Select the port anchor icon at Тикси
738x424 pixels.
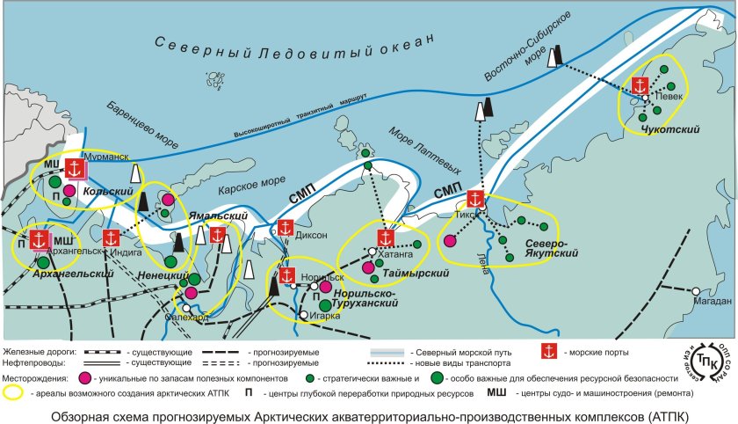tap(476, 200)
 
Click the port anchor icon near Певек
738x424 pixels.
tap(640, 86)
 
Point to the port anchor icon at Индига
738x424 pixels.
tap(111, 238)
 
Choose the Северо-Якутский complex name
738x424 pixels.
tap(550, 247)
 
